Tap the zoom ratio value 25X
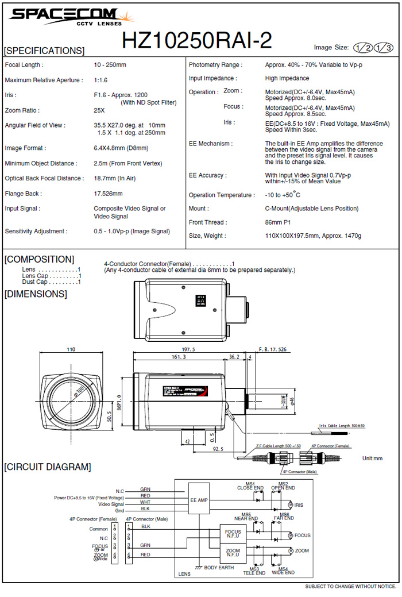pos(99,110)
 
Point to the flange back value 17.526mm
pos(108,194)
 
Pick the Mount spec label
pos(199,209)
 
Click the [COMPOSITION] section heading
pos(39,259)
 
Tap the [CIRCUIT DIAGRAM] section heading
pos(47,467)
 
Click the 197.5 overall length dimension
pos(188,349)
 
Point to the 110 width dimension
pos(71,349)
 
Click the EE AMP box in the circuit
pos(199,500)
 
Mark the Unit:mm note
pos(372,459)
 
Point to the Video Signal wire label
pos(111,504)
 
